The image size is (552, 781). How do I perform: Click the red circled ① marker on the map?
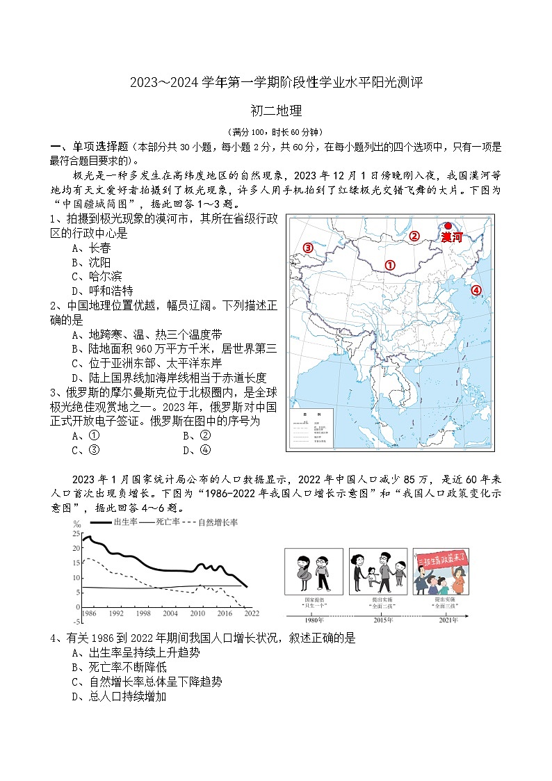click(x=390, y=265)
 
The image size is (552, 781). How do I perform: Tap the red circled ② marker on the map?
click(x=414, y=236)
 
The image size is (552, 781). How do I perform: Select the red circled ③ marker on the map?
click(x=307, y=248)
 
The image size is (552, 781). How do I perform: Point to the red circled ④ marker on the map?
click(x=476, y=291)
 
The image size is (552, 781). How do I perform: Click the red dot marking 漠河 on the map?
click(x=448, y=226)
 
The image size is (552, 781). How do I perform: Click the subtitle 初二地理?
click(x=275, y=110)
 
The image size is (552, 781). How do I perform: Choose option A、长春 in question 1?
click(x=91, y=248)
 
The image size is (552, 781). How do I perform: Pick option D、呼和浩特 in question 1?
click(x=103, y=291)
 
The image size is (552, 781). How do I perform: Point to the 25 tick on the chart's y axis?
click(x=76, y=533)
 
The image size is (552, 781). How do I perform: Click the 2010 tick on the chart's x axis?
click(x=198, y=613)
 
